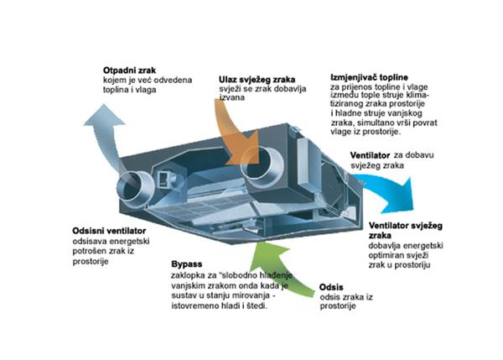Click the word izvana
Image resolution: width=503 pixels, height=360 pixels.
click(x=231, y=99)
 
